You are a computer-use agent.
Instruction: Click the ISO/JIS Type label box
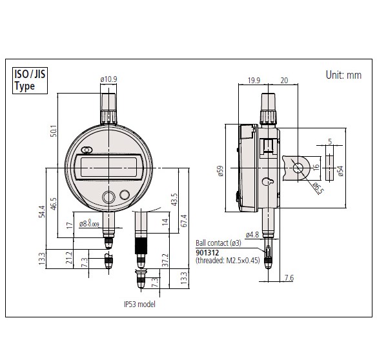(x=30, y=81)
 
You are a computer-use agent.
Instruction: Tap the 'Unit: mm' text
(x=343, y=75)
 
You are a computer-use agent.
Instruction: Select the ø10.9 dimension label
(x=108, y=79)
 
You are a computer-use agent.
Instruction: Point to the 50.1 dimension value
(x=54, y=131)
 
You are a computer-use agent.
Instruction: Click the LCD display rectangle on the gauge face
(x=108, y=167)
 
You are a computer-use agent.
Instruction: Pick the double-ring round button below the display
(x=108, y=197)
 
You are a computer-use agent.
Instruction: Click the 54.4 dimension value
(x=42, y=212)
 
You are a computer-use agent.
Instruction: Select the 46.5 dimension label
(x=54, y=204)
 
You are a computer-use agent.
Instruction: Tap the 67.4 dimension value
(x=184, y=221)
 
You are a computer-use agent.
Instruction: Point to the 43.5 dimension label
(x=174, y=199)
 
